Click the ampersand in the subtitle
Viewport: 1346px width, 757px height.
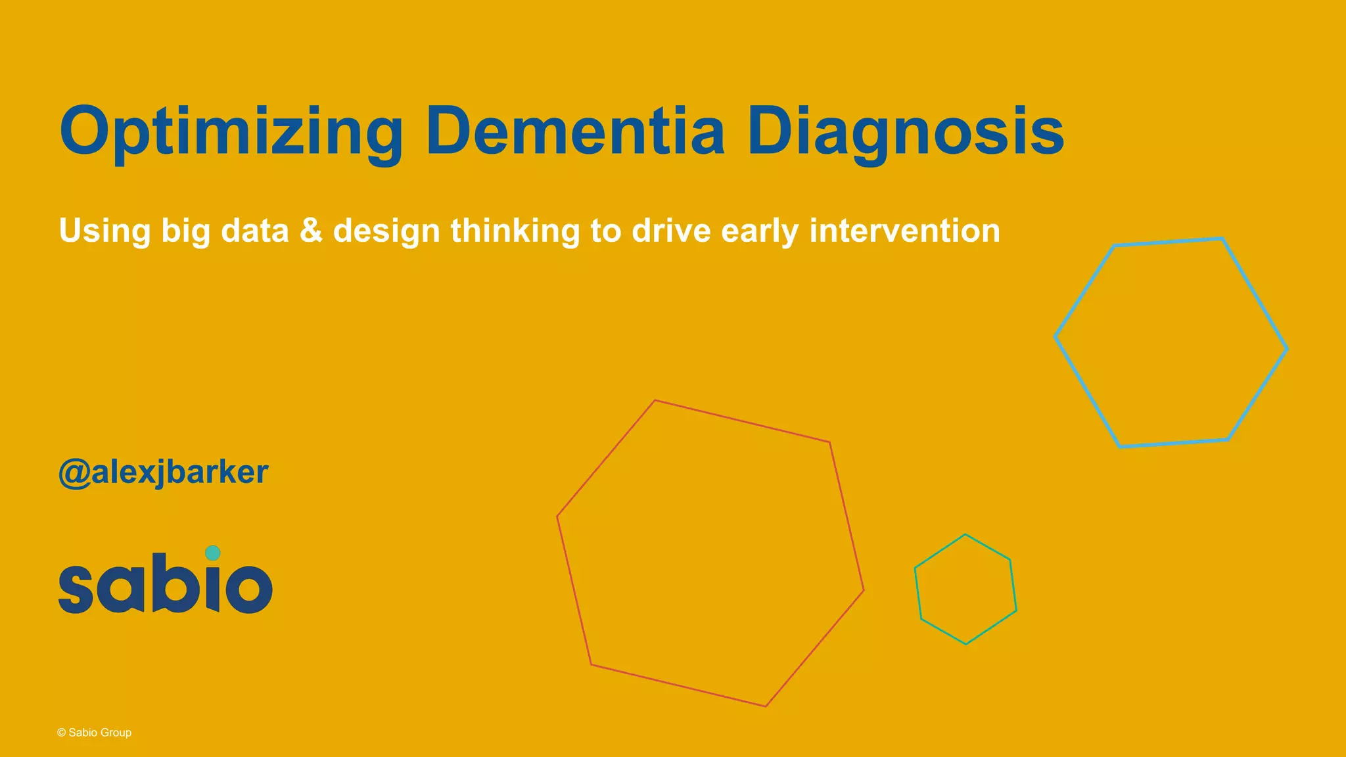311,231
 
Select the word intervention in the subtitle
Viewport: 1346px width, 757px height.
904,231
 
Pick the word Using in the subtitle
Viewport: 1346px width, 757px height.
104,231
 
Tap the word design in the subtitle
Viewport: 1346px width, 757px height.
386,231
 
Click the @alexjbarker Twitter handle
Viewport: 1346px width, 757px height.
164,472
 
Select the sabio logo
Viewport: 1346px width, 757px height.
166,581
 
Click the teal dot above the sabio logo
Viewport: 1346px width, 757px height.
212,553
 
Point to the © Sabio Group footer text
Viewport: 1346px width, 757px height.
95,733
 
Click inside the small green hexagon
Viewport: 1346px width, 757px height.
965,589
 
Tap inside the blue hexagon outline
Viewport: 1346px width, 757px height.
1171,342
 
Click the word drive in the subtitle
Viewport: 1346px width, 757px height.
671,231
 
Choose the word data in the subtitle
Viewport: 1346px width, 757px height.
255,231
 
